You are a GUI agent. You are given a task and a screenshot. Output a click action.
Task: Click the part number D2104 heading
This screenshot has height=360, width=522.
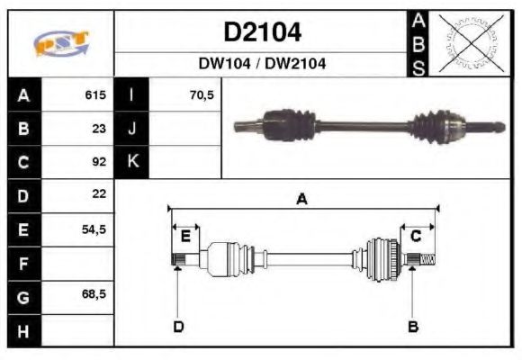(x=262, y=33)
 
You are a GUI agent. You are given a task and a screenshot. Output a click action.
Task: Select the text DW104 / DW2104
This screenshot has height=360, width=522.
(x=262, y=64)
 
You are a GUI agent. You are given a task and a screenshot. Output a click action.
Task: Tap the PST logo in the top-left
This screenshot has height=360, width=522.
(x=60, y=43)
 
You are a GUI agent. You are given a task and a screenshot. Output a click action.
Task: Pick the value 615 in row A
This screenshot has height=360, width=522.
(x=95, y=95)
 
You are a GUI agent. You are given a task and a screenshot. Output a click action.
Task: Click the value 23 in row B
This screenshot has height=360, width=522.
(x=99, y=129)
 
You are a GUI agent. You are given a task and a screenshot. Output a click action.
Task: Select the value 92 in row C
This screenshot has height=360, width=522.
(x=99, y=162)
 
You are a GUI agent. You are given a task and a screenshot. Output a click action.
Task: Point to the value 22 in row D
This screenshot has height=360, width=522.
(x=99, y=194)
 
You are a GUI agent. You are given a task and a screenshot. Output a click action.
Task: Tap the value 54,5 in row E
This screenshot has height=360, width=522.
(x=94, y=229)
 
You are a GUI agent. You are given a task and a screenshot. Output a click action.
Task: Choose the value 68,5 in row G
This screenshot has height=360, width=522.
(x=94, y=295)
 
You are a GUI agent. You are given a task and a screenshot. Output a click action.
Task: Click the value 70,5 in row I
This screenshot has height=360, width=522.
(x=202, y=95)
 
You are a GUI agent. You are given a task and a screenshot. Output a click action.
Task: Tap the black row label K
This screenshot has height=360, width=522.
(x=132, y=162)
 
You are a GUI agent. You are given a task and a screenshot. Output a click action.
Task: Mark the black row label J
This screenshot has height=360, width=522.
(x=132, y=129)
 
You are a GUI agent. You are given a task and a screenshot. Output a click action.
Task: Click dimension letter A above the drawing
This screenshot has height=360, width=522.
(x=302, y=200)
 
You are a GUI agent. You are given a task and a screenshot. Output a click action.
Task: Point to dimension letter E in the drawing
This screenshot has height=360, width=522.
(x=185, y=237)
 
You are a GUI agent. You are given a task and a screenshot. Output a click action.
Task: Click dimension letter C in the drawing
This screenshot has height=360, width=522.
(x=416, y=237)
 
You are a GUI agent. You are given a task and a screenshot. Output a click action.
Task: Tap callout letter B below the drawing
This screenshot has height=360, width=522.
(x=412, y=326)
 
